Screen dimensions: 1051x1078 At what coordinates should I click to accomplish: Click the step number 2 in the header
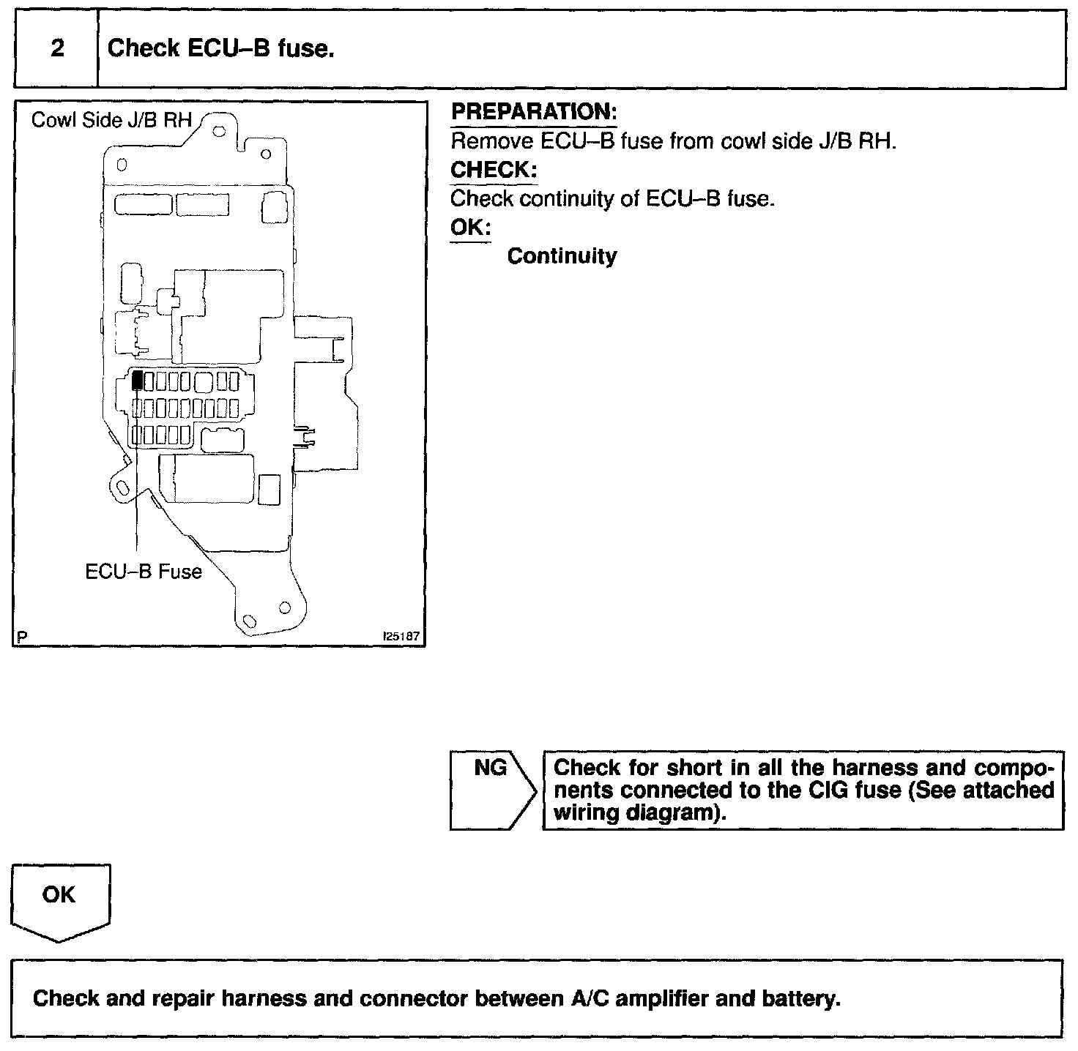click(57, 49)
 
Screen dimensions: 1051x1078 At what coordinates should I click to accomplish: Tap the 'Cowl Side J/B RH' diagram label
click(111, 120)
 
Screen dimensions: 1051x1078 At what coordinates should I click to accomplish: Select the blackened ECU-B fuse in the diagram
click(137, 381)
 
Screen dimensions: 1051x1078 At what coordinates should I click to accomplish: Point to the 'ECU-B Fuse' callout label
click(144, 571)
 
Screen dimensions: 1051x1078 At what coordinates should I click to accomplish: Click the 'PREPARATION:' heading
click(534, 112)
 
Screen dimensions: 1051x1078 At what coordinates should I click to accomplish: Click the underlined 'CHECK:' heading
click(494, 170)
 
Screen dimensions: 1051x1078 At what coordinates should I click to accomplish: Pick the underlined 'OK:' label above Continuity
click(470, 227)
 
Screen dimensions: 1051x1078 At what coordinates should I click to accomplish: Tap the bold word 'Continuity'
click(562, 256)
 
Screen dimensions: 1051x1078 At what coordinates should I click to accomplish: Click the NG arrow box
click(491, 789)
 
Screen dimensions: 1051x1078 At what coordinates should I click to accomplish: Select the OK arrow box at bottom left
click(59, 899)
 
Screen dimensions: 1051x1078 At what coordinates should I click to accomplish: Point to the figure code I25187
click(401, 637)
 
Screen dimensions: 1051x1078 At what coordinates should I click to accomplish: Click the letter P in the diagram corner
click(22, 637)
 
